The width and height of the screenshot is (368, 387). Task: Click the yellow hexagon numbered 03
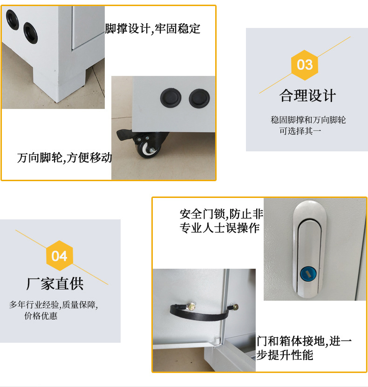click(305, 64)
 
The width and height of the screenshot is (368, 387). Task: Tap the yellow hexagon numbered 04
click(60, 256)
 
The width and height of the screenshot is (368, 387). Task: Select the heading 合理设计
click(307, 96)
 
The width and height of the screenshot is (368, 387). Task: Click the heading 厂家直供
click(55, 283)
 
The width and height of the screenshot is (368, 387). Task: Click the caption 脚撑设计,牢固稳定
click(153, 29)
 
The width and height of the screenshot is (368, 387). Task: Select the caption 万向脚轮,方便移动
click(64, 158)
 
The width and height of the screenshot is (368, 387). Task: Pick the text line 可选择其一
click(300, 131)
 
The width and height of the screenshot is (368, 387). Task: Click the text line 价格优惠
click(41, 316)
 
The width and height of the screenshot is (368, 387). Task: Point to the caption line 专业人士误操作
click(219, 229)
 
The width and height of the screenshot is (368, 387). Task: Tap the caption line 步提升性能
click(285, 355)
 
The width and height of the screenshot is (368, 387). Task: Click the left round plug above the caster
click(170, 97)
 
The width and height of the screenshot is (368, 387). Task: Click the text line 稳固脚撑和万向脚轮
click(308, 120)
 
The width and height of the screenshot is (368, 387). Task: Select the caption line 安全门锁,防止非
click(221, 214)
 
